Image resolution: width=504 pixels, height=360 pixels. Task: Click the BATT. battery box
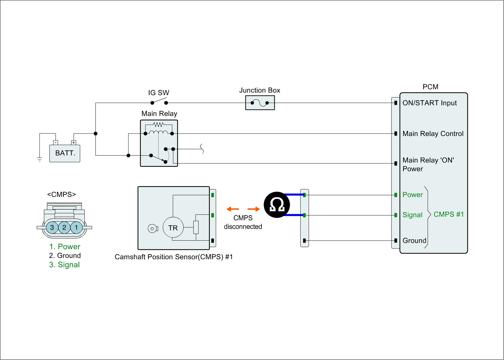coord(65,153)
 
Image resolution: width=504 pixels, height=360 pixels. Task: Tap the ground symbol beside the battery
coord(39,159)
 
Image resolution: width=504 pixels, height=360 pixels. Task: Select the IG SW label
coord(158,93)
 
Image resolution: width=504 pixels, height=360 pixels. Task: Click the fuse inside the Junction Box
coord(260,103)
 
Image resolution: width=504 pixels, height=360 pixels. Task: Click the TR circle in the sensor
coord(173,228)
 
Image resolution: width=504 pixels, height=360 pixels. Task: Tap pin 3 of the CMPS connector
coord(52,227)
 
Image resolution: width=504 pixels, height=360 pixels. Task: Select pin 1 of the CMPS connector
coord(76,227)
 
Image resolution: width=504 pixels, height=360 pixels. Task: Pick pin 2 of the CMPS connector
coord(64,227)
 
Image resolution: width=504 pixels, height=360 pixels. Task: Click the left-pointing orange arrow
coord(233,209)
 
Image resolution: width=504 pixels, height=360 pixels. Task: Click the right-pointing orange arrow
coord(254,209)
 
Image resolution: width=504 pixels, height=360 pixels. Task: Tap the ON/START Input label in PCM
coord(429,103)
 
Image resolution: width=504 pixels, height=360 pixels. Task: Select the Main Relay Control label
coord(433,134)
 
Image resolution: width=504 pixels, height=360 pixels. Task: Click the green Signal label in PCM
coord(412,215)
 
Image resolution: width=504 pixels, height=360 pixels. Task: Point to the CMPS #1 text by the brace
coord(449,214)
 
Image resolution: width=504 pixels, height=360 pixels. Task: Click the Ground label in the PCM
coord(414,241)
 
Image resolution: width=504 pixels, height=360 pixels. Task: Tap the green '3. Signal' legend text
coord(64,265)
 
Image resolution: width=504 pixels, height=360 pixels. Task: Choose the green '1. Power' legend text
coord(65,247)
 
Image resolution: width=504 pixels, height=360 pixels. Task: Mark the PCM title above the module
coord(430,87)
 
